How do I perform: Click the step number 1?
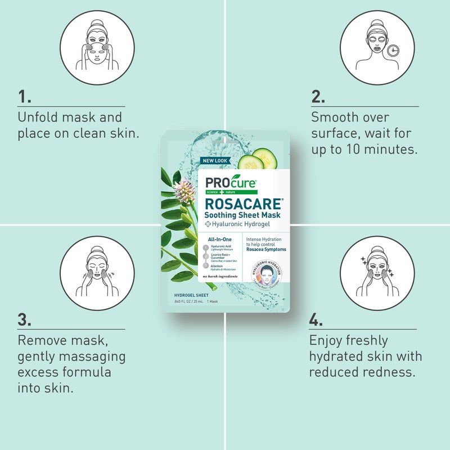[24, 97]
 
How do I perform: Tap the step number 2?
[318, 97]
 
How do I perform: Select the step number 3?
[24, 320]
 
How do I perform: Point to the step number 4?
[316, 320]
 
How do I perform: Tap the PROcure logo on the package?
[231, 183]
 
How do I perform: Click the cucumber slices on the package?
[258, 159]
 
